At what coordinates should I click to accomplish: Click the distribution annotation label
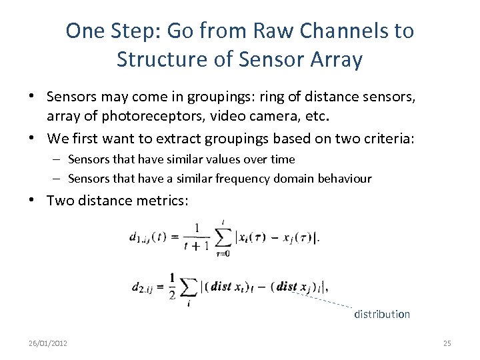click(x=381, y=314)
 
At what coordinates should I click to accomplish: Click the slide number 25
click(x=447, y=343)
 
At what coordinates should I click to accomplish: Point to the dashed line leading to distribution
click(x=323, y=299)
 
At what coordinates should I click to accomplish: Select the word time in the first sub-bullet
click(x=284, y=159)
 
